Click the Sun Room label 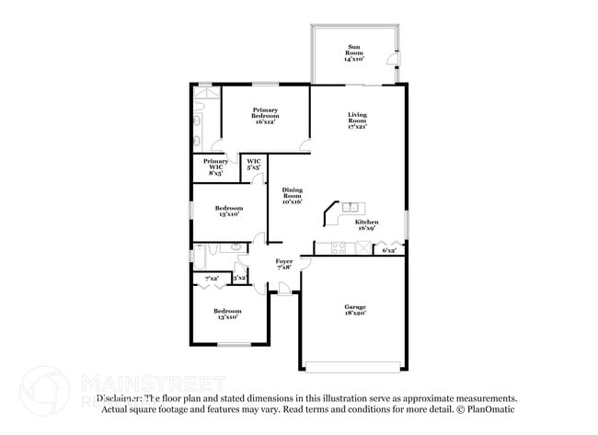[x=355, y=52]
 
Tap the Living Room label [x=357, y=120]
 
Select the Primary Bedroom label [x=266, y=115]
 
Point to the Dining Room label [x=293, y=195]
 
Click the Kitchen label [x=367, y=226]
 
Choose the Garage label [x=355, y=310]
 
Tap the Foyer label [x=284, y=265]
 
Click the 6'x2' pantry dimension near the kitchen [x=389, y=250]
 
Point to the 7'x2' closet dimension [x=212, y=278]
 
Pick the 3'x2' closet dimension [x=239, y=278]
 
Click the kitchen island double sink [x=350, y=207]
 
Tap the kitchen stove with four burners [x=338, y=247]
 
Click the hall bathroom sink [x=236, y=247]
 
